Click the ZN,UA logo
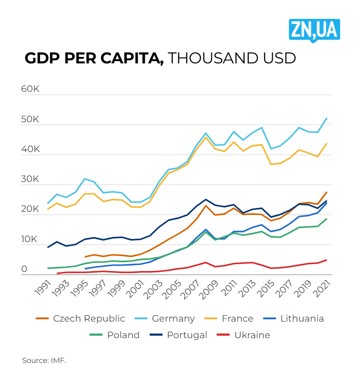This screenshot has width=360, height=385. [x=314, y=30]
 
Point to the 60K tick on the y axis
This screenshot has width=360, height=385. [x=30, y=89]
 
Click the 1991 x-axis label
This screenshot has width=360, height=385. [x=43, y=289]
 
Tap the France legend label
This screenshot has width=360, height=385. [x=237, y=318]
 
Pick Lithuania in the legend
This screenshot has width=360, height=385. [x=302, y=318]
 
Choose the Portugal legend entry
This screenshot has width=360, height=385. [x=187, y=335]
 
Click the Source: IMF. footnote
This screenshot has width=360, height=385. [x=44, y=361]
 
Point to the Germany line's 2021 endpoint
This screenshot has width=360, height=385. [x=327, y=118]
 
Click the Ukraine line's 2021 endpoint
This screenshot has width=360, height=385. [x=327, y=260]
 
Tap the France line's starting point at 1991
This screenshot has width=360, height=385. [x=48, y=209]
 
